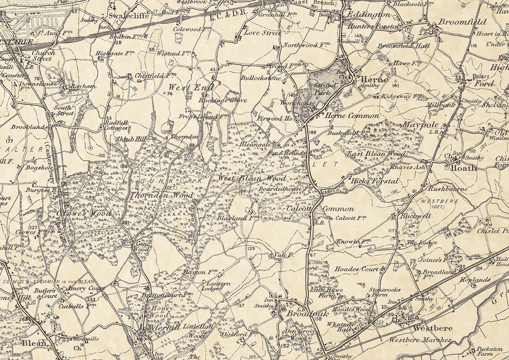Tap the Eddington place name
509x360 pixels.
[368, 14]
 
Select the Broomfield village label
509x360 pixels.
[462, 21]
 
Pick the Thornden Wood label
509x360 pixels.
[162, 195]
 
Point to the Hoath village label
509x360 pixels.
[463, 168]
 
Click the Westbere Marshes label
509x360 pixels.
[419, 340]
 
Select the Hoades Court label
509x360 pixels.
[356, 269]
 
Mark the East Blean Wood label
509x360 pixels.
[376, 154]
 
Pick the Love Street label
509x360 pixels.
[263, 33]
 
